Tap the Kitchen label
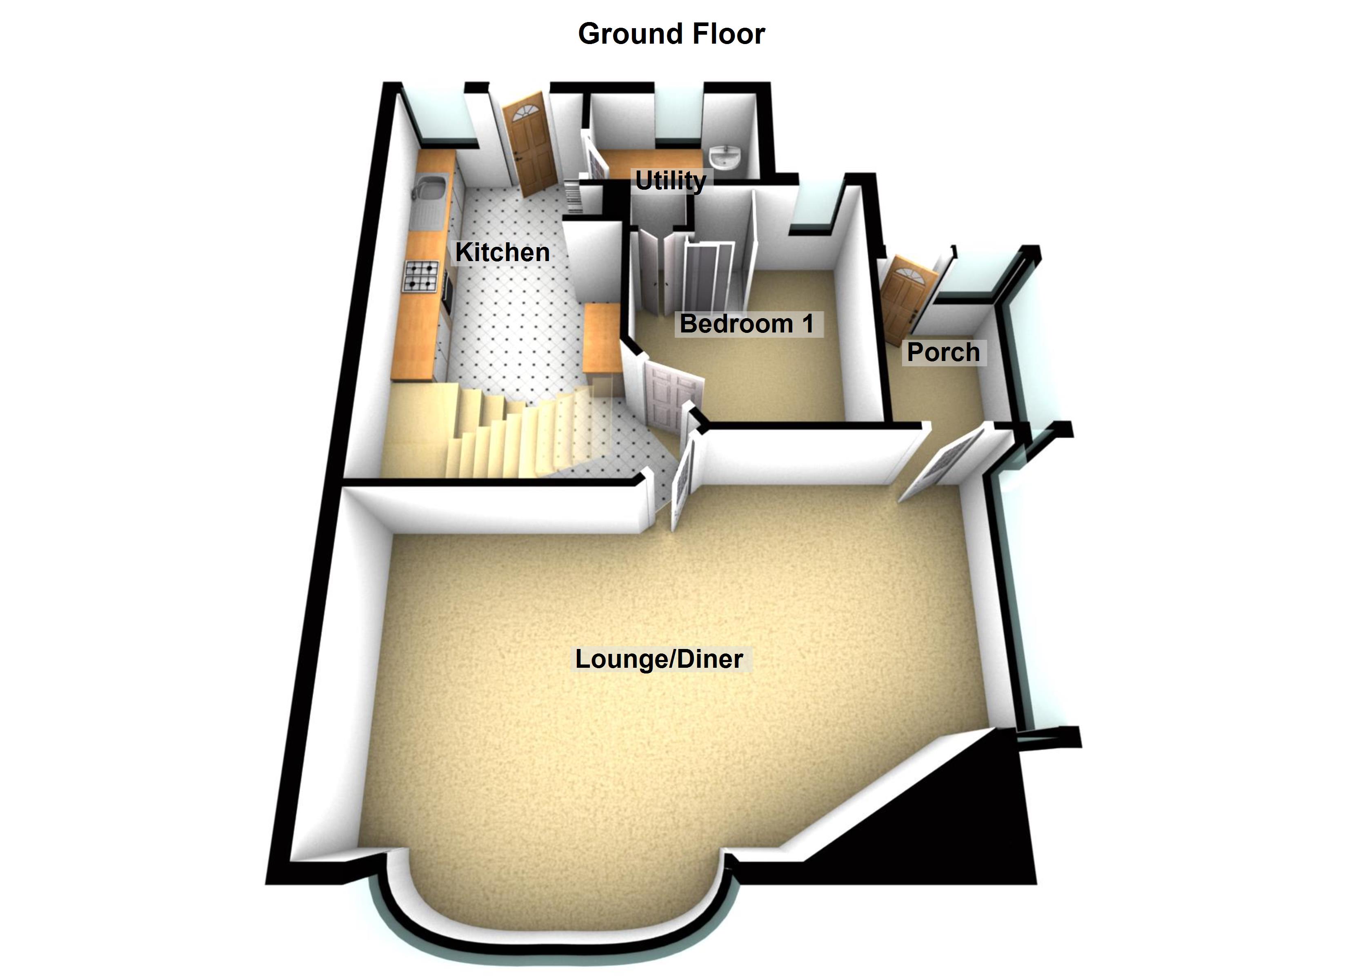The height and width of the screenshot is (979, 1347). pyautogui.click(x=502, y=253)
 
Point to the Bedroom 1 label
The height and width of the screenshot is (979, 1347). pyautogui.click(x=747, y=323)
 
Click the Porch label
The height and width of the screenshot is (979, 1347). pyautogui.click(x=943, y=352)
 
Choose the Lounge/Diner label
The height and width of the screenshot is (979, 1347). pyautogui.click(x=659, y=659)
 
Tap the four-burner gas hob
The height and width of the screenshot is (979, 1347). pyautogui.click(x=422, y=276)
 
